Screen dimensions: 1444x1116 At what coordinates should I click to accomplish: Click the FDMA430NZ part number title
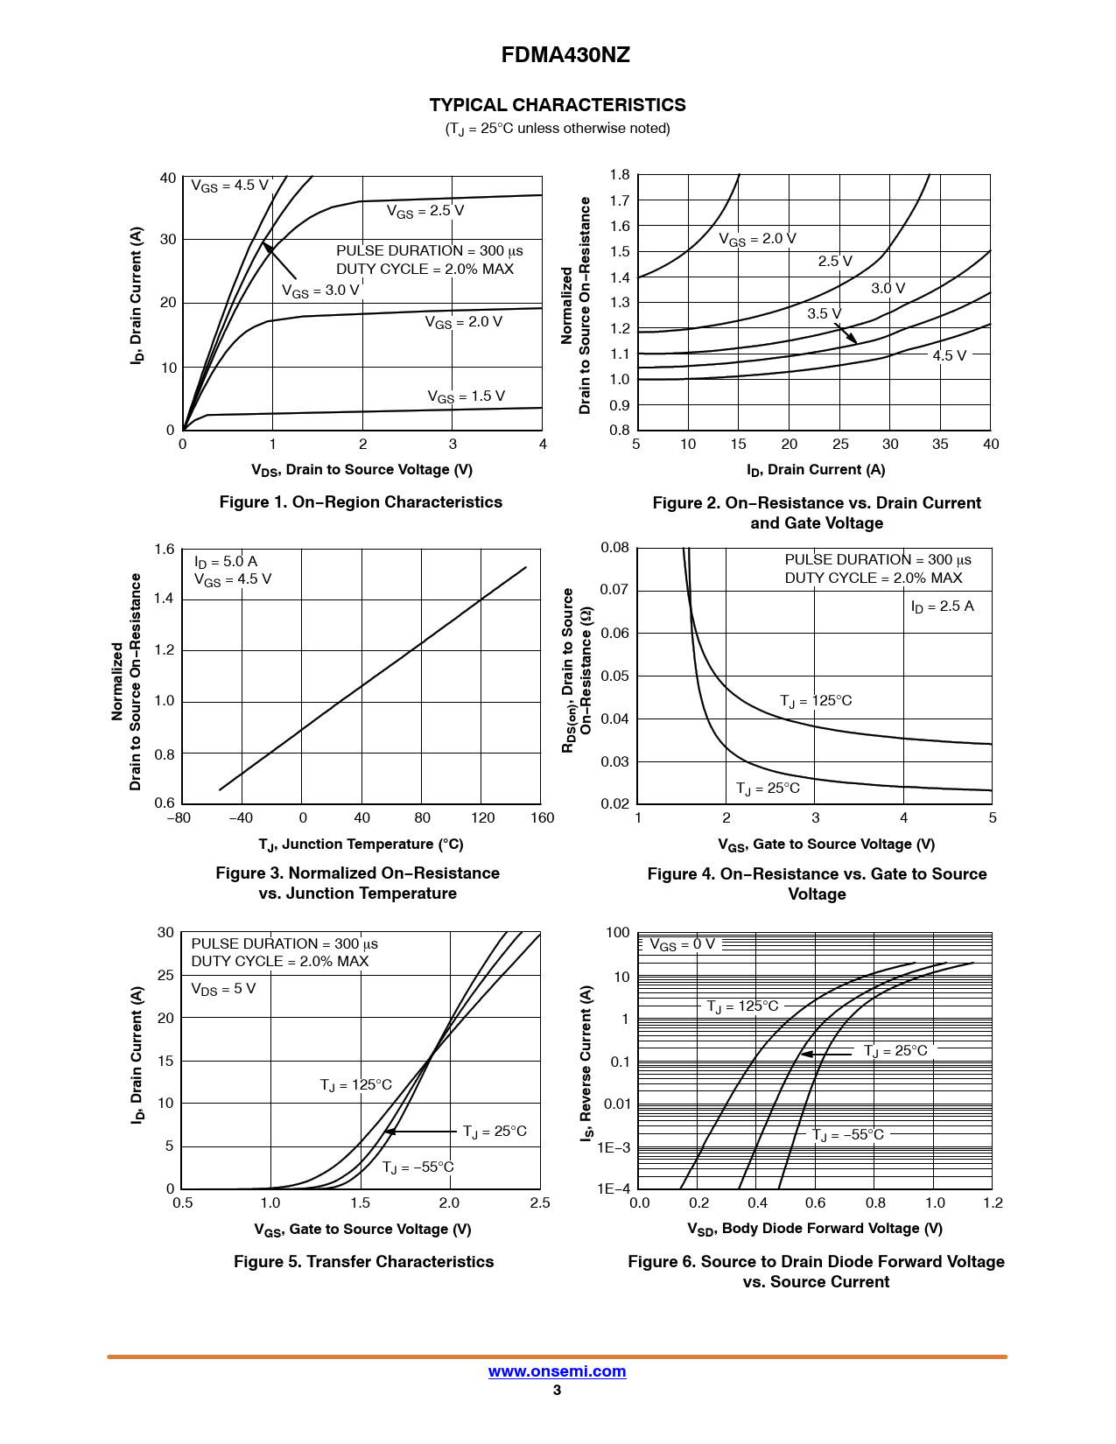tap(565, 55)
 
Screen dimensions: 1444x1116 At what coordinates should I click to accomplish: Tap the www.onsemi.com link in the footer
tap(557, 1371)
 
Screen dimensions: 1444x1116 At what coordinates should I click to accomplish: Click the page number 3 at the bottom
tap(557, 1390)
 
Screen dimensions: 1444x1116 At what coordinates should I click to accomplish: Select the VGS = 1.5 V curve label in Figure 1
tap(466, 396)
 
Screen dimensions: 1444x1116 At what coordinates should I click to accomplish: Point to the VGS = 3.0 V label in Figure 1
tap(320, 291)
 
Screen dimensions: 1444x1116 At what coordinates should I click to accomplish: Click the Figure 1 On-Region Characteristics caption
tap(361, 502)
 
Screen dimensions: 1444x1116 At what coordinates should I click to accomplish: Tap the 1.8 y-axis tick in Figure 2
tap(620, 175)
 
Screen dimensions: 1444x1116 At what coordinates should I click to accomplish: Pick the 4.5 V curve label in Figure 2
tap(949, 355)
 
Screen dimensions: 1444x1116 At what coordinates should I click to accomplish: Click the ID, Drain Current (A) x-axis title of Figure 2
tap(816, 470)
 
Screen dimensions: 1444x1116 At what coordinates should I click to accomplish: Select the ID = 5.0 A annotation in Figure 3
tap(226, 561)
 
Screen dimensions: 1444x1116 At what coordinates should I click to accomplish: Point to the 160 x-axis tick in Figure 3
tap(542, 818)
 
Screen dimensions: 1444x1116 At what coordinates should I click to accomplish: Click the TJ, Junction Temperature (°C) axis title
tap(361, 845)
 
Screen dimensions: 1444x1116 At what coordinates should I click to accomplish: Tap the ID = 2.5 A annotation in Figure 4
tap(942, 606)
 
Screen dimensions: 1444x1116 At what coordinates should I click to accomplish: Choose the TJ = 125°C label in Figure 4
tap(816, 701)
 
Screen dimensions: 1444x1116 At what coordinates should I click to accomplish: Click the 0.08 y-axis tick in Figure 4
tap(614, 548)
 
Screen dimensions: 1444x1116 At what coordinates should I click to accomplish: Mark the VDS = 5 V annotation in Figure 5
tap(223, 989)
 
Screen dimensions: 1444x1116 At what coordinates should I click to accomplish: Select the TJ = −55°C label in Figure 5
tap(418, 1167)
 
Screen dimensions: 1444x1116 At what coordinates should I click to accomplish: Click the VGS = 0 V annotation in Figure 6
tap(682, 944)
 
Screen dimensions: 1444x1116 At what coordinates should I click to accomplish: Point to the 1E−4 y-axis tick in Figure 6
tap(614, 1188)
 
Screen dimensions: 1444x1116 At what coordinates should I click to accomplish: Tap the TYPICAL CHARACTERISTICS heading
tap(558, 105)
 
